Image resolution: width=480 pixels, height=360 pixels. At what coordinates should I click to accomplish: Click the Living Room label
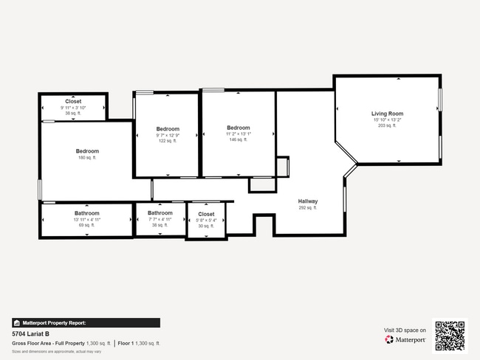tap(387, 114)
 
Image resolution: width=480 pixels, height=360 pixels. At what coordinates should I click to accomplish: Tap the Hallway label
tap(308, 201)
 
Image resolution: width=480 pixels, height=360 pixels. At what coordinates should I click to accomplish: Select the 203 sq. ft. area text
tap(387, 125)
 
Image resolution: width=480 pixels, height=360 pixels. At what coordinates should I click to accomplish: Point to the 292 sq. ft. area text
tap(308, 208)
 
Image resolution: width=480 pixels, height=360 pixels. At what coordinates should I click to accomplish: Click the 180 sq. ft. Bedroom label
tap(87, 151)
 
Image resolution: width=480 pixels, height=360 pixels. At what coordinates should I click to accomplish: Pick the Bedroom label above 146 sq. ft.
tap(239, 128)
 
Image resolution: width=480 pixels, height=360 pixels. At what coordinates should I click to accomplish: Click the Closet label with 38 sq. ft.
tap(73, 101)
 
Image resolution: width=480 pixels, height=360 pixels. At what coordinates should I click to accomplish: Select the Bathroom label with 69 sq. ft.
tap(86, 213)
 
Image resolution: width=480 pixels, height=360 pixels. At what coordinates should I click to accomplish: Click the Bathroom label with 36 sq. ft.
tap(160, 213)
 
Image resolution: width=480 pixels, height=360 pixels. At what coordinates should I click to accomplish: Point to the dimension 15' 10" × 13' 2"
tap(387, 120)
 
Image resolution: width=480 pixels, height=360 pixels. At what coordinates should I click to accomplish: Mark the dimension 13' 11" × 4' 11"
tap(86, 219)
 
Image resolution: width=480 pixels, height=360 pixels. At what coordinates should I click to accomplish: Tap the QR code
tap(450, 336)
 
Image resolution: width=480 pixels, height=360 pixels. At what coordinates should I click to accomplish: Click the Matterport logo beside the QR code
tap(405, 340)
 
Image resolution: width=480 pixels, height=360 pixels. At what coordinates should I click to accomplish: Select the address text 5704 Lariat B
tap(30, 333)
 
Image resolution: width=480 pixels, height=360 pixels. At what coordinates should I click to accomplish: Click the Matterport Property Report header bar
tap(86, 322)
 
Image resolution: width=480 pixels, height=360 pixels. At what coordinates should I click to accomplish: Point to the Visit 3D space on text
tap(405, 330)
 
